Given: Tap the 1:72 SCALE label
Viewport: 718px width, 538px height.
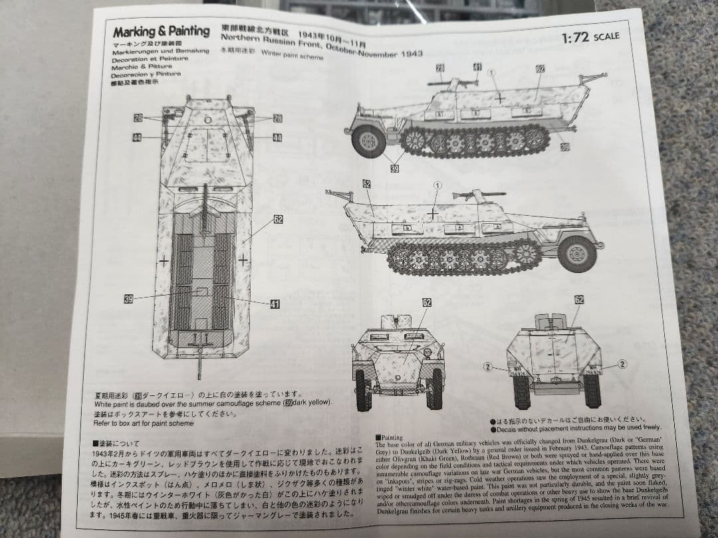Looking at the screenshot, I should pyautogui.click(x=590, y=37).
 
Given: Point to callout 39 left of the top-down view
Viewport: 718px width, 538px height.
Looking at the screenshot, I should pyautogui.click(x=128, y=299).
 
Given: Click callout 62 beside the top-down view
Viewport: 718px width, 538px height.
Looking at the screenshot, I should pyautogui.click(x=278, y=219).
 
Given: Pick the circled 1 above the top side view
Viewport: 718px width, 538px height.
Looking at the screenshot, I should pyautogui.click(x=492, y=72).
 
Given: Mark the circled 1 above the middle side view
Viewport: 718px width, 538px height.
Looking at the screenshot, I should pyautogui.click(x=436, y=185).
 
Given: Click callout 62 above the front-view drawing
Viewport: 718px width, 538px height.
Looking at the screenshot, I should pyautogui.click(x=426, y=303).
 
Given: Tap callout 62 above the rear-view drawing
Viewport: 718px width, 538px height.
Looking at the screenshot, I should pyautogui.click(x=578, y=300).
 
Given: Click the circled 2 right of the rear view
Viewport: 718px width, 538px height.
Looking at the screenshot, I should pyautogui.click(x=623, y=363).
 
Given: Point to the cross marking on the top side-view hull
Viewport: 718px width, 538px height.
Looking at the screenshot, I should pyautogui.click(x=500, y=98).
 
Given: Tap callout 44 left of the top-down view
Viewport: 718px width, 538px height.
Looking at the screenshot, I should pyautogui.click(x=137, y=137).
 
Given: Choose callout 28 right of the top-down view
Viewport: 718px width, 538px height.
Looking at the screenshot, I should pyautogui.click(x=277, y=118).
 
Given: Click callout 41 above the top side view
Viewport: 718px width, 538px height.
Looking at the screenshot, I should pyautogui.click(x=477, y=66).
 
